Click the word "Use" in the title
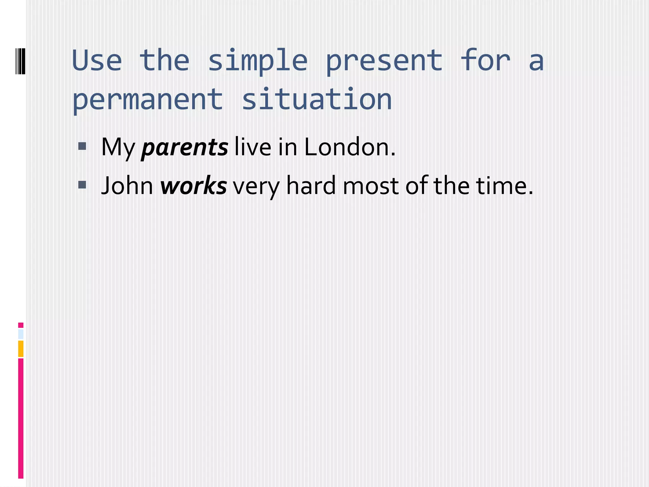pyautogui.click(x=97, y=61)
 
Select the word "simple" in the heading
pyautogui.click(x=257, y=61)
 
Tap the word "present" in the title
pyautogui.click(x=384, y=61)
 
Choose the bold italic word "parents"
pyautogui.click(x=184, y=147)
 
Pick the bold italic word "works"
pyautogui.click(x=193, y=186)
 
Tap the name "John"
pyautogui.click(x=127, y=186)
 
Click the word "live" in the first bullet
pyautogui.click(x=253, y=147)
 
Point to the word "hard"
pyautogui.click(x=311, y=186)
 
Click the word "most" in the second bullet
pyautogui.click(x=370, y=186)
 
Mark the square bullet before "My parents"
pyautogui.click(x=82, y=146)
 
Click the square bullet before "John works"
pyautogui.click(x=82, y=185)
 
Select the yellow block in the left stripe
pyautogui.click(x=21, y=348)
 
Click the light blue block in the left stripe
pyautogui.click(x=21, y=334)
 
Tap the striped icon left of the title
pyautogui.click(x=20, y=61)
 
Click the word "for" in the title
pyautogui.click(x=485, y=61)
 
